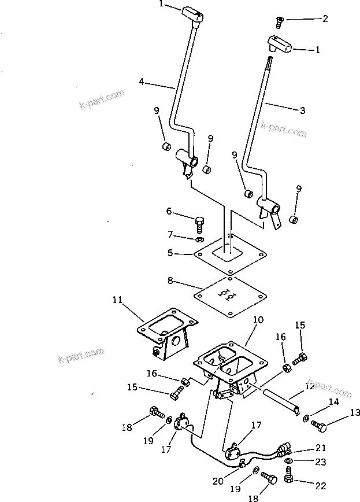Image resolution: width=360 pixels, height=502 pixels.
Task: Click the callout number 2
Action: click(325, 19)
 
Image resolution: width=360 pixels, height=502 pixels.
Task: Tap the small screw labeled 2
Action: click(279, 22)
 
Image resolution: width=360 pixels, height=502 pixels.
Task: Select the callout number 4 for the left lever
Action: click(142, 82)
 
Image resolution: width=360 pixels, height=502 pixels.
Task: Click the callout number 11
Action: click(117, 300)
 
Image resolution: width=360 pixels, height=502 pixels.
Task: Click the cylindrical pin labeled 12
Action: click(280, 400)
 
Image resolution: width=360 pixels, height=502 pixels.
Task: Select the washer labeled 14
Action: click(305, 418)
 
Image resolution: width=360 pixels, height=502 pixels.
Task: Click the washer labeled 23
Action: click(288, 461)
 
